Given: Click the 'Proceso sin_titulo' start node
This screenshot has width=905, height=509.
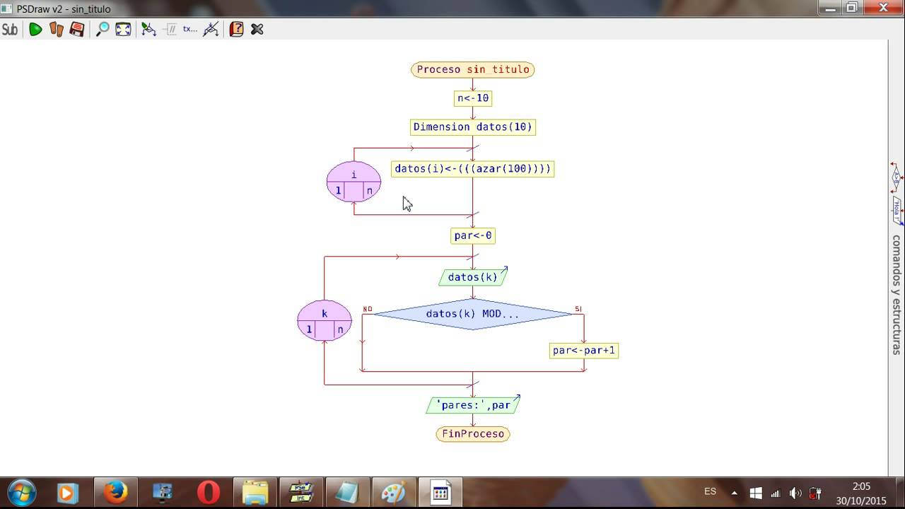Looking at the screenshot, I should pyautogui.click(x=472, y=69).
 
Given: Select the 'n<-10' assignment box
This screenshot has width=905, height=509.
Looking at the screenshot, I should pyautogui.click(x=472, y=98).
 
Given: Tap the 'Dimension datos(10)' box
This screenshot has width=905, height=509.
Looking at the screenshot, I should pyautogui.click(x=472, y=127).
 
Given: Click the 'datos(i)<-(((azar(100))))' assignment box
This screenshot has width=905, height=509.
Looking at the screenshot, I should pyautogui.click(x=472, y=169).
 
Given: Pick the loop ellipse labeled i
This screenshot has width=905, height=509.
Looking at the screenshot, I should pyautogui.click(x=354, y=182).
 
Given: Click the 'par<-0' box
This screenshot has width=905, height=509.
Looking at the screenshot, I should pyautogui.click(x=472, y=235).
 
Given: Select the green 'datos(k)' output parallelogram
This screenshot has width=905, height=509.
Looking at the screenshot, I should pyautogui.click(x=472, y=277).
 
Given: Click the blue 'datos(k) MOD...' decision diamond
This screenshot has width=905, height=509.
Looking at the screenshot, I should pyautogui.click(x=472, y=314).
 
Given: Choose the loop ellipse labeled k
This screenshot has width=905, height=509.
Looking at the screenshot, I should pyautogui.click(x=325, y=320).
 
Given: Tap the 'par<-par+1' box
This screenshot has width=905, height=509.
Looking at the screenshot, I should pyautogui.click(x=583, y=351).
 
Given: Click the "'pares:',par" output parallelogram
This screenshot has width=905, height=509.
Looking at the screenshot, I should pyautogui.click(x=472, y=405).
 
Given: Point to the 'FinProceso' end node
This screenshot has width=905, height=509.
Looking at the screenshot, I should pyautogui.click(x=472, y=433).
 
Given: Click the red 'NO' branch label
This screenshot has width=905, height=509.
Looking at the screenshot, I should pyautogui.click(x=368, y=309).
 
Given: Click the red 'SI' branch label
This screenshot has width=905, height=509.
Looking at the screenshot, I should pyautogui.click(x=578, y=309).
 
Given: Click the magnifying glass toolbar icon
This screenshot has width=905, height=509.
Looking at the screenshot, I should pyautogui.click(x=103, y=29).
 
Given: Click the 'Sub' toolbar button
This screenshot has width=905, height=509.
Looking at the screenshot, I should pyautogui.click(x=10, y=29).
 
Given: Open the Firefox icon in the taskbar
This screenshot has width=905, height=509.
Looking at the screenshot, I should pyautogui.click(x=115, y=492).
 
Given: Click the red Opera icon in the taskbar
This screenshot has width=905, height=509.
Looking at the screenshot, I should pyautogui.click(x=208, y=492).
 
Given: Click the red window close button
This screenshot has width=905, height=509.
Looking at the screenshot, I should pyautogui.click(x=882, y=7).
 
